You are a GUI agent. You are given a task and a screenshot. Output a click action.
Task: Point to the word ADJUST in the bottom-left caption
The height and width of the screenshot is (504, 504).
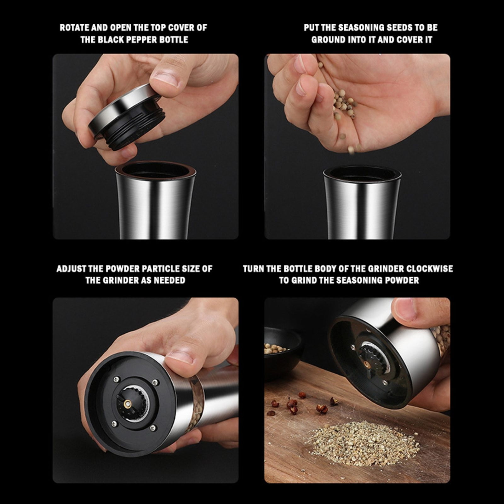[71, 269]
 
